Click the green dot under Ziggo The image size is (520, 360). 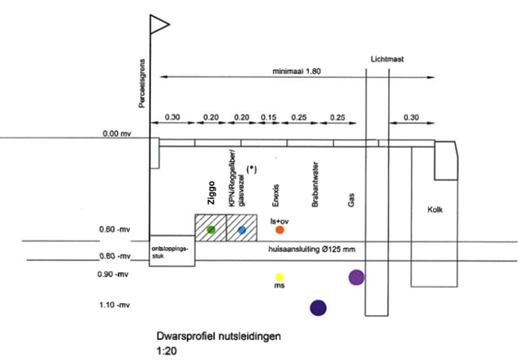click(x=211, y=230)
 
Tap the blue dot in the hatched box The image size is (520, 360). click(x=242, y=231)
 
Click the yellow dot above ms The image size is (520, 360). click(x=279, y=277)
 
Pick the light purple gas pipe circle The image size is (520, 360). click(x=356, y=277)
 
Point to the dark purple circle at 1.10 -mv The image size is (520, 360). click(x=318, y=307)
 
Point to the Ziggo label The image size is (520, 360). click(x=210, y=190)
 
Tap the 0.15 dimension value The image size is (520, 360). click(x=269, y=117)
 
